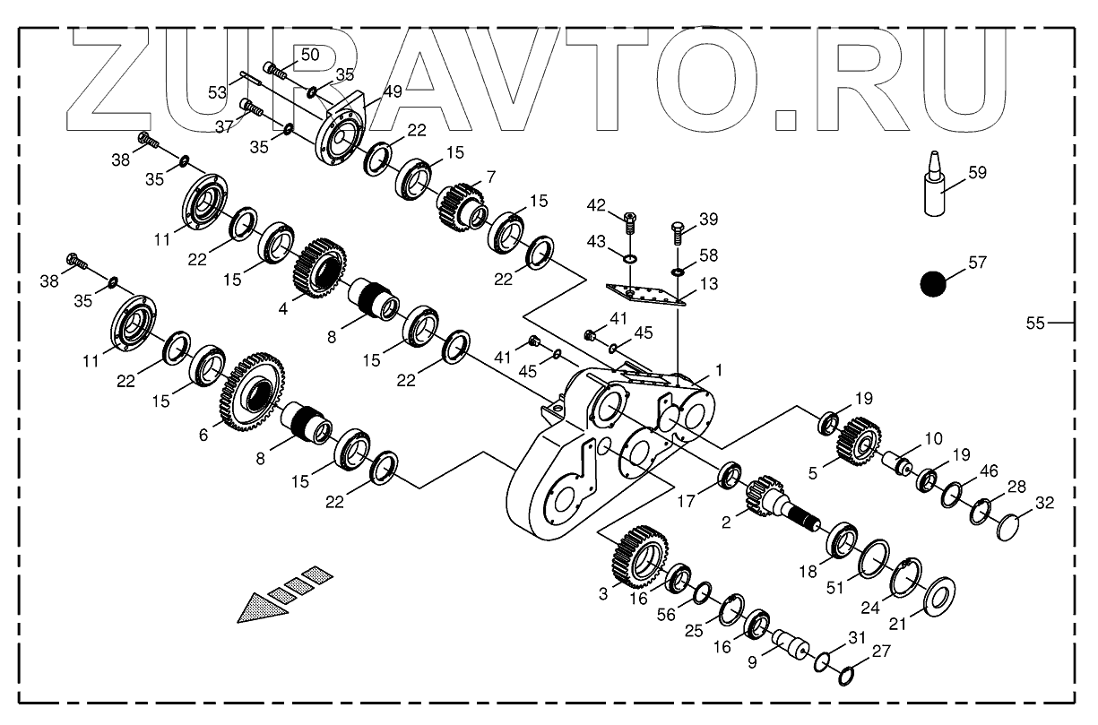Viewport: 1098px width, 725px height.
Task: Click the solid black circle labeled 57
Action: tap(933, 284)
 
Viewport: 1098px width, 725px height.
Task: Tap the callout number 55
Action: tap(1035, 324)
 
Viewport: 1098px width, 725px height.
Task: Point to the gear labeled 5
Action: tap(858, 439)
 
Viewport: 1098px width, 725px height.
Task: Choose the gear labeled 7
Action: tap(462, 205)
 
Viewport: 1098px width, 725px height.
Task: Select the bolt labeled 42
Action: tap(628, 221)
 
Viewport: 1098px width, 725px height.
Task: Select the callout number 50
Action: tap(309, 55)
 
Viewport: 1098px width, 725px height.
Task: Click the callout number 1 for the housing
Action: tap(718, 368)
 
